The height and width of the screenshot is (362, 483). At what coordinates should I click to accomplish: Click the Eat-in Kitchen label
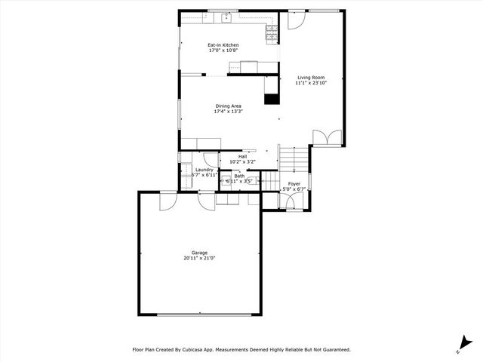pyautogui.click(x=223, y=45)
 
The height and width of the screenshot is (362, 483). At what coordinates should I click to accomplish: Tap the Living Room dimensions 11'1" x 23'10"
pyautogui.click(x=312, y=83)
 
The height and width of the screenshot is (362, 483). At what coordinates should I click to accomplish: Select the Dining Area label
pyautogui.click(x=227, y=106)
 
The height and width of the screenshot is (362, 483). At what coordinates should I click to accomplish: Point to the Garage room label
pyautogui.click(x=199, y=253)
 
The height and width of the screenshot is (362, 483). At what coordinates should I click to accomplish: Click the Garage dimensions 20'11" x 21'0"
pyautogui.click(x=199, y=259)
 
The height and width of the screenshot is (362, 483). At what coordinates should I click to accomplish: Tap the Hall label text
pyautogui.click(x=242, y=156)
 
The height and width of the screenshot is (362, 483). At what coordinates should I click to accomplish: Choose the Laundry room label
pyautogui.click(x=205, y=170)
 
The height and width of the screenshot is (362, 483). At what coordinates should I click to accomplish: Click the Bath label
pyautogui.click(x=239, y=176)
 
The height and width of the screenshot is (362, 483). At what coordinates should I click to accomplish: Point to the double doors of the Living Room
pyautogui.click(x=326, y=137)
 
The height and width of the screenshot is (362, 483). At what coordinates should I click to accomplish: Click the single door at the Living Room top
pyautogui.click(x=294, y=20)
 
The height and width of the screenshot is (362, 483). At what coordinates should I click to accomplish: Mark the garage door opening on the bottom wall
pyautogui.click(x=199, y=314)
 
